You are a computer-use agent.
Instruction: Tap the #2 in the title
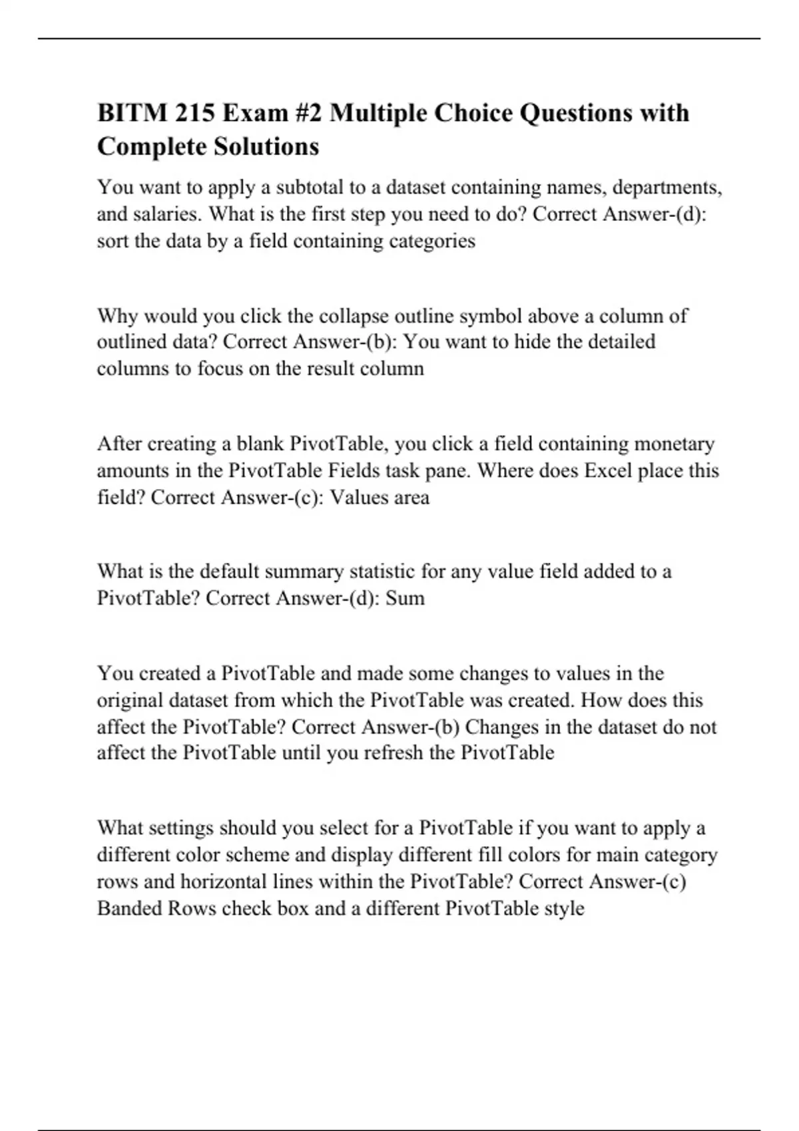click(306, 113)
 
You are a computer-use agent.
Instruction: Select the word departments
click(667, 188)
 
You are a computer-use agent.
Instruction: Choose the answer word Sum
click(405, 598)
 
